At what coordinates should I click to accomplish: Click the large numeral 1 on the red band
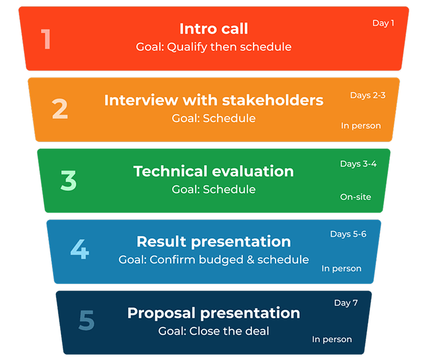click(46, 39)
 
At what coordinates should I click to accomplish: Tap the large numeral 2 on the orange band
click(60, 109)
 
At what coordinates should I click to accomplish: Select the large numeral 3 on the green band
click(68, 180)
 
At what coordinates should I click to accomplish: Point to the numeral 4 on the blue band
click(80, 249)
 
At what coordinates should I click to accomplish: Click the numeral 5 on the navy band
click(87, 320)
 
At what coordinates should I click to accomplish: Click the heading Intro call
click(213, 29)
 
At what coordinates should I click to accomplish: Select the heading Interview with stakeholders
click(213, 100)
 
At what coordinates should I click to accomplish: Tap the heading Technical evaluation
click(213, 171)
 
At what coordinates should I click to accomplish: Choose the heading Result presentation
click(213, 242)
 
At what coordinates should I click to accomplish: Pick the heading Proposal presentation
click(213, 313)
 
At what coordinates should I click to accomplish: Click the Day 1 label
click(383, 24)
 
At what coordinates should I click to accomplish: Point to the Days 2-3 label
click(368, 96)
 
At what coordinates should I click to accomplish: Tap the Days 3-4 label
click(358, 164)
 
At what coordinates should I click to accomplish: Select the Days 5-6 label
click(348, 234)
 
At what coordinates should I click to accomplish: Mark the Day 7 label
click(346, 303)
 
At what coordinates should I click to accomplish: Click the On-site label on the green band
click(355, 197)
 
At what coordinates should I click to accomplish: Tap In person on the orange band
click(361, 126)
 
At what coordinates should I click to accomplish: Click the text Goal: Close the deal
click(213, 331)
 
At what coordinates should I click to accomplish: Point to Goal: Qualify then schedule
click(213, 47)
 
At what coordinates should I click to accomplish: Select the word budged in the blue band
click(221, 260)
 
